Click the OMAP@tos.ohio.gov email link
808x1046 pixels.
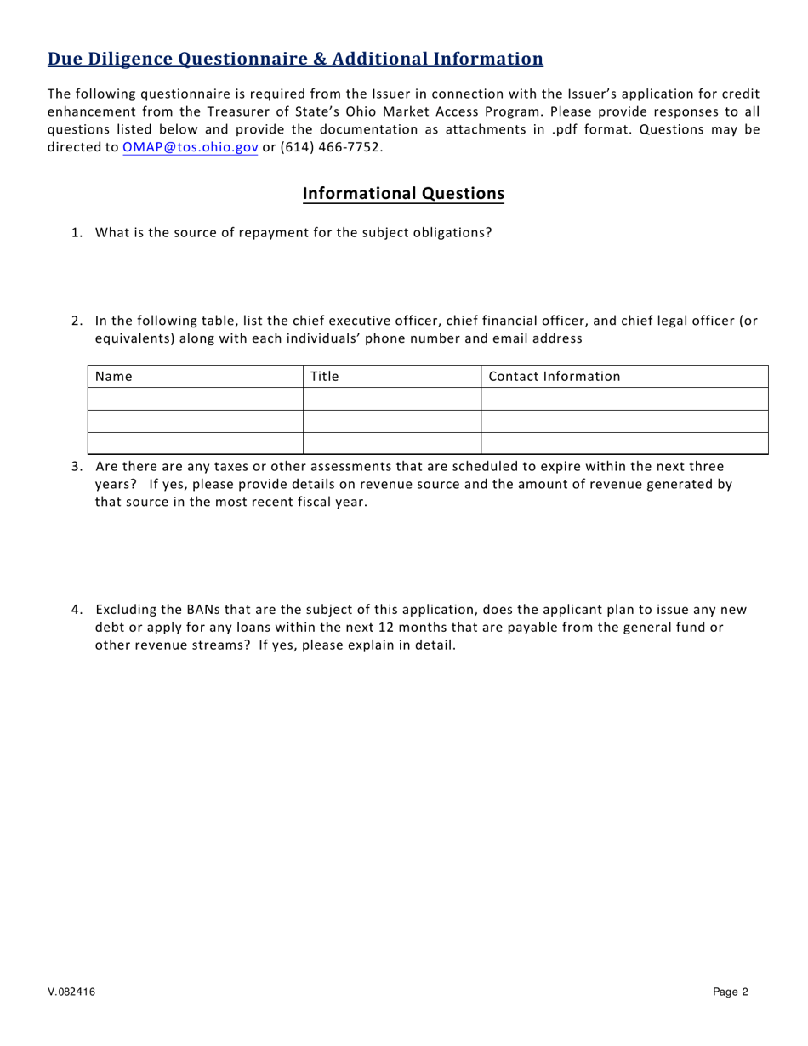tap(191, 146)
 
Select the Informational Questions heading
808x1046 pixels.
tap(403, 193)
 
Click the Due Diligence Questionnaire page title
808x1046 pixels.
tap(295, 59)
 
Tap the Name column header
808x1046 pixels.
tap(113, 377)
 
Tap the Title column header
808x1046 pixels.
tap(324, 377)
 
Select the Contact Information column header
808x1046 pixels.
tap(555, 377)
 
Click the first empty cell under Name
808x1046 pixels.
tap(195, 399)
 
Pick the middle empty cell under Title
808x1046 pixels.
tap(392, 421)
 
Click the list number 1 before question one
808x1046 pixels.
tap(77, 233)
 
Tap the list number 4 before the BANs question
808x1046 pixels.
tap(77, 610)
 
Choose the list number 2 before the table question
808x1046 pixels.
tap(77, 321)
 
